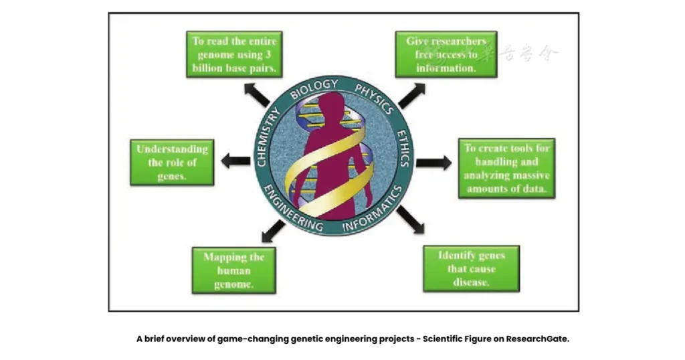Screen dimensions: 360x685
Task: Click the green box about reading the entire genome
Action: point(234,55)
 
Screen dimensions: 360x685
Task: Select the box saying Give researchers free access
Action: point(446,55)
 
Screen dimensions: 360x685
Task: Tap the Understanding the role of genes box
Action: point(172,163)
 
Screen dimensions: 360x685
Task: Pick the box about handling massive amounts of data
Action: point(506,169)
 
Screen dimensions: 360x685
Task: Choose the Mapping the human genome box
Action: point(234,270)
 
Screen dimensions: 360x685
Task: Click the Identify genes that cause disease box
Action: point(471,268)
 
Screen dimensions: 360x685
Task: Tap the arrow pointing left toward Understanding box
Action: point(235,161)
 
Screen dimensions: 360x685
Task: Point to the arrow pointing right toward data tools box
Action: point(433,163)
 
